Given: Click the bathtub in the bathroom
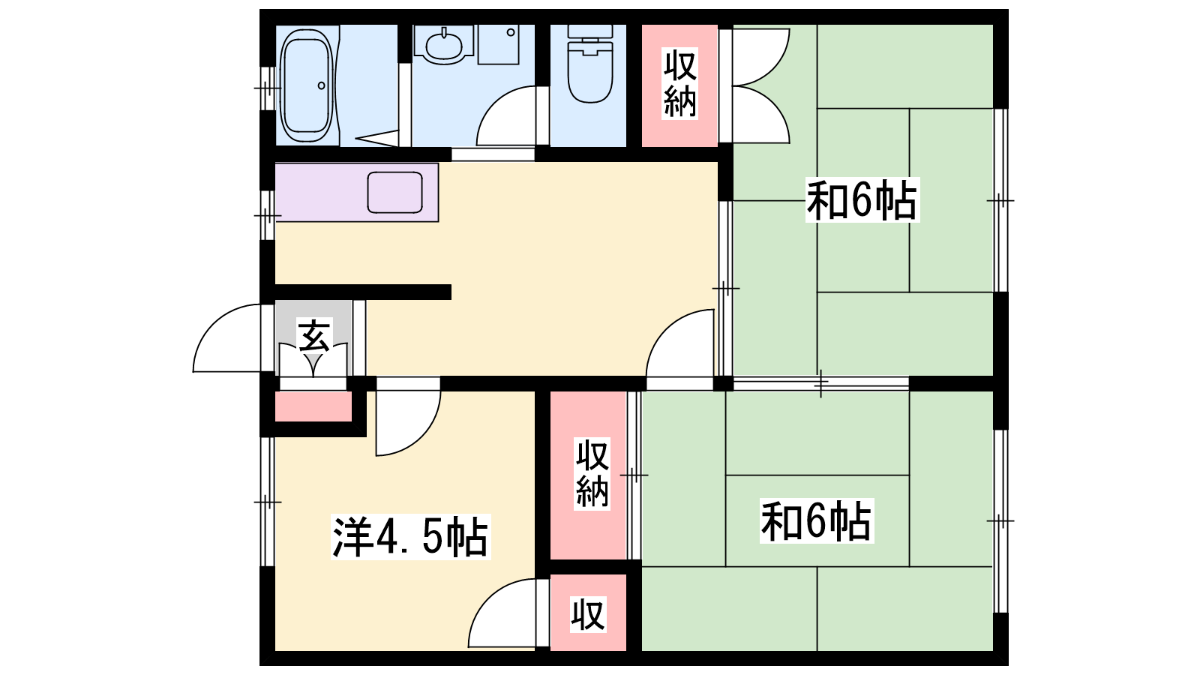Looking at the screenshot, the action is pyautogui.click(x=307, y=85).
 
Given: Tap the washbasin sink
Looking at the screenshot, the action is pyautogui.click(x=443, y=44).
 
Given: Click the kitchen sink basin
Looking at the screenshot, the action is pyautogui.click(x=394, y=192).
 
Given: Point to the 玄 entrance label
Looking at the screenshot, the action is pyautogui.click(x=314, y=335).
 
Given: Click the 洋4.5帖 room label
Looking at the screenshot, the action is pyautogui.click(x=410, y=537).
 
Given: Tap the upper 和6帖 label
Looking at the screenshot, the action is pyautogui.click(x=862, y=200).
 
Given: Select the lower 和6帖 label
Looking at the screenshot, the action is pyautogui.click(x=816, y=520).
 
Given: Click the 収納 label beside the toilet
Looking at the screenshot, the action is pyautogui.click(x=679, y=83).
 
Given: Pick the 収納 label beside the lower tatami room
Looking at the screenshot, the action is pyautogui.click(x=592, y=473).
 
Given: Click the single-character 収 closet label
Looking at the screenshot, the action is pyautogui.click(x=588, y=614).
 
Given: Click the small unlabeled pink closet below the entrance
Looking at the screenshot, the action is pyautogui.click(x=313, y=406).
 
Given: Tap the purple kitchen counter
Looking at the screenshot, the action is pyautogui.click(x=357, y=192).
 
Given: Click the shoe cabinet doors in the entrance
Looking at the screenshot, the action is pyautogui.click(x=314, y=360).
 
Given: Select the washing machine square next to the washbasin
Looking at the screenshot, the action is pyautogui.click(x=498, y=44).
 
